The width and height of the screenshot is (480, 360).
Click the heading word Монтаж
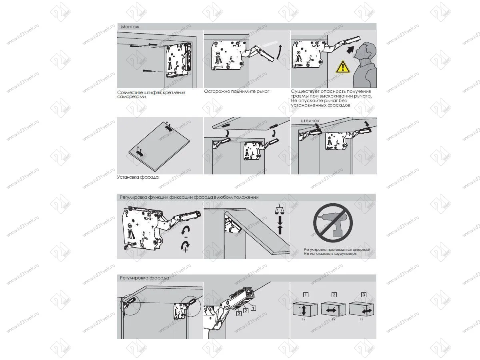(128, 26)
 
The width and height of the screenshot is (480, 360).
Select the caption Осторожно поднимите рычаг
(236, 92)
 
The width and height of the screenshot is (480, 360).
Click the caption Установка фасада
(138, 177)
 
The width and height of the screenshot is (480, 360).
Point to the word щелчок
(310, 120)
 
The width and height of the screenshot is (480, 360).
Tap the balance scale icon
(280, 209)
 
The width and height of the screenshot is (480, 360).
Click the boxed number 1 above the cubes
(306, 295)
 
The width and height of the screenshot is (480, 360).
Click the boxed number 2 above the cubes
(334, 295)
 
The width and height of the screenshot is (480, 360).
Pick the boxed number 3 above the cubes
(363, 295)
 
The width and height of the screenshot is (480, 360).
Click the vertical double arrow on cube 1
(305, 310)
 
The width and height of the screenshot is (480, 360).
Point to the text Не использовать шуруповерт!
(330, 254)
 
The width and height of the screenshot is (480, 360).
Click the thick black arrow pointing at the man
(351, 50)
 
